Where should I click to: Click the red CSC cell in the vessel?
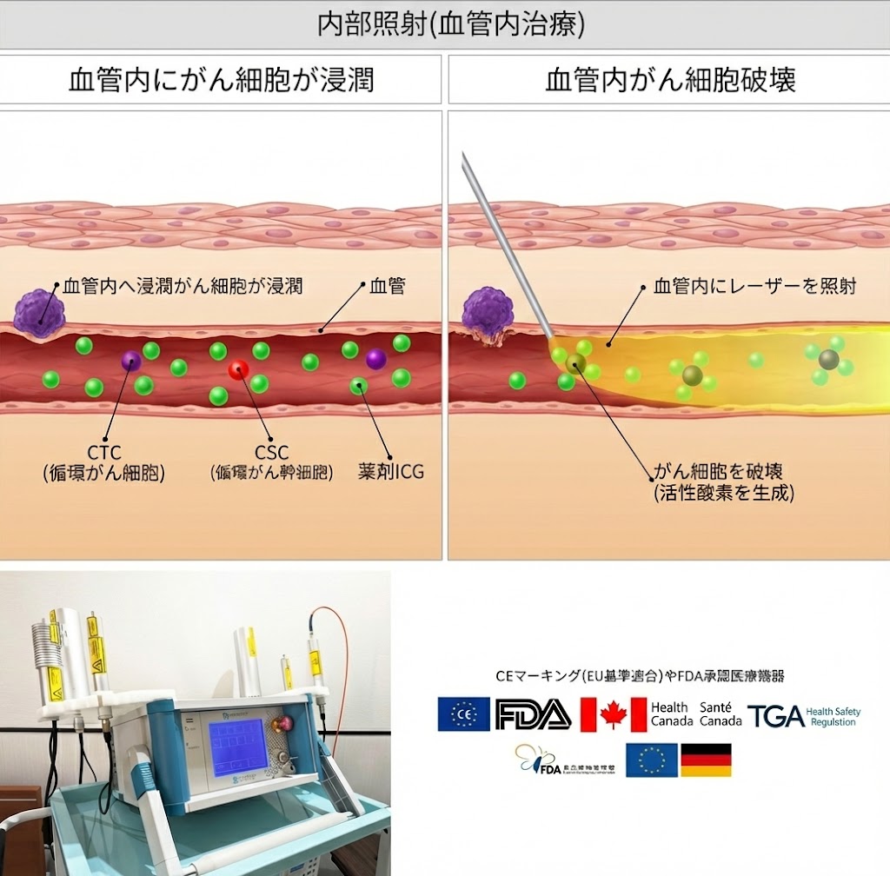coord(238,371)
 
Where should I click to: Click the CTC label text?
coord(103,453)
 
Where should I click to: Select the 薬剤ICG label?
coord(391,472)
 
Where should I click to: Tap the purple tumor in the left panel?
coord(39,313)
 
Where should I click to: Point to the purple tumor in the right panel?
coord(487,313)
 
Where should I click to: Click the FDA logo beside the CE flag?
coord(532,714)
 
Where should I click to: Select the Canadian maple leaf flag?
coord(613,714)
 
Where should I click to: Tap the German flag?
coord(705,760)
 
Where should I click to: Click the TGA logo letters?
coord(775,716)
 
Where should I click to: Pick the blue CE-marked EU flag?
coord(463,714)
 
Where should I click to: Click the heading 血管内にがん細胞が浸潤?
coord(221,80)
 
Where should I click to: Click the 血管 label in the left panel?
coord(388,285)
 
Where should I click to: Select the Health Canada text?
coord(670,714)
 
